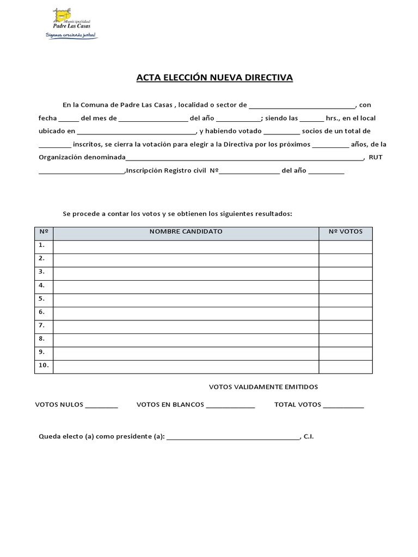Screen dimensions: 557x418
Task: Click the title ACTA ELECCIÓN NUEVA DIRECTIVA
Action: coord(214,78)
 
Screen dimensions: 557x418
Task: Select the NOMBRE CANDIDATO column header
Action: coord(186,232)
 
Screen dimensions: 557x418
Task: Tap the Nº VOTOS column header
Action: coord(345,232)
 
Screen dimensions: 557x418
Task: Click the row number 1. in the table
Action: coord(42,245)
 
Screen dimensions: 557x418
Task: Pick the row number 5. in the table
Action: coord(42,299)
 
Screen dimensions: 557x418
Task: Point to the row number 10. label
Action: coord(44,366)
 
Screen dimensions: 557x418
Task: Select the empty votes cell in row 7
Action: coord(345,326)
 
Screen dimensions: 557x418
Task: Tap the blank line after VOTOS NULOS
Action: coord(102,406)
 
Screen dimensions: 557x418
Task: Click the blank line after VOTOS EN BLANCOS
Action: coord(230,406)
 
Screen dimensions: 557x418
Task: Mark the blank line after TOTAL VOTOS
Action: coord(343,406)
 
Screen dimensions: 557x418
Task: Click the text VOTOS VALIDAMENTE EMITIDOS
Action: coord(263,387)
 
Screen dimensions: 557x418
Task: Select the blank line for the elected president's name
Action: coord(233,437)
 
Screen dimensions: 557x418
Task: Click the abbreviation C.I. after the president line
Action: coord(309,437)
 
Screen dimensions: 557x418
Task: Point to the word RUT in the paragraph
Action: coord(376,158)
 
